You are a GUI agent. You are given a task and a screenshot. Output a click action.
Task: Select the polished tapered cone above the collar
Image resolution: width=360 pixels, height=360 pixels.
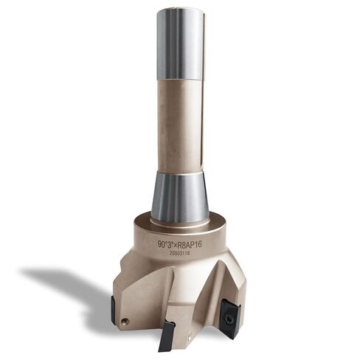point(179,195)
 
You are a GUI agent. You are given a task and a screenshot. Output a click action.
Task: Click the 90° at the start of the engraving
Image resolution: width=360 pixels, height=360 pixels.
point(162,241)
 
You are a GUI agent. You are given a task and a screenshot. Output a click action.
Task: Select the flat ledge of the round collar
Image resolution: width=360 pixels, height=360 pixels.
point(179,221)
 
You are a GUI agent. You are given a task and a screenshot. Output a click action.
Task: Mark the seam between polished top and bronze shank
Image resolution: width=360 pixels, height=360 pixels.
point(179,80)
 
